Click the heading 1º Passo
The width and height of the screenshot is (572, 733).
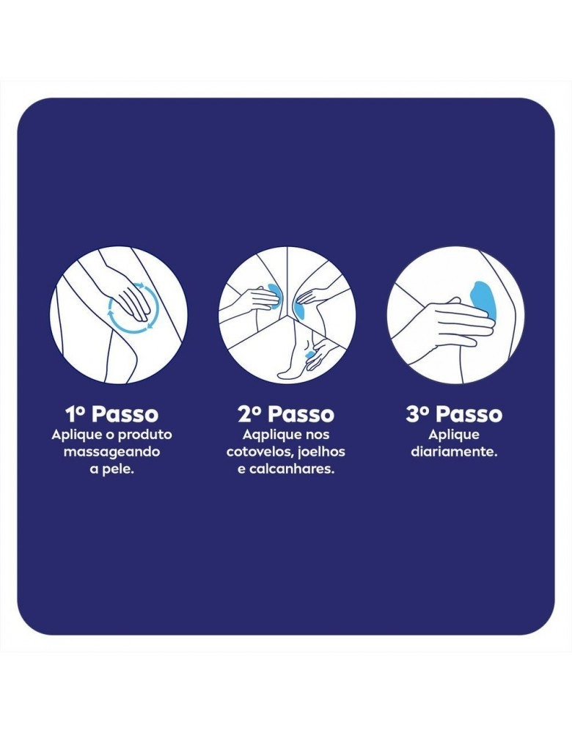coord(112,414)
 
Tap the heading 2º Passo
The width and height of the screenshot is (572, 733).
coord(286,414)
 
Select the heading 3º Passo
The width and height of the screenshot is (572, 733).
coord(454,414)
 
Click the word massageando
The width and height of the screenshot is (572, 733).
coord(111,452)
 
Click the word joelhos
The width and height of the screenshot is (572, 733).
coord(321,452)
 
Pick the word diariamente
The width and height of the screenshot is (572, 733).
coord(454,452)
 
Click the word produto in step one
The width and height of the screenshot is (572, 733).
coord(145,435)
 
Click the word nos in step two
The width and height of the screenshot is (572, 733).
coord(318,435)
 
